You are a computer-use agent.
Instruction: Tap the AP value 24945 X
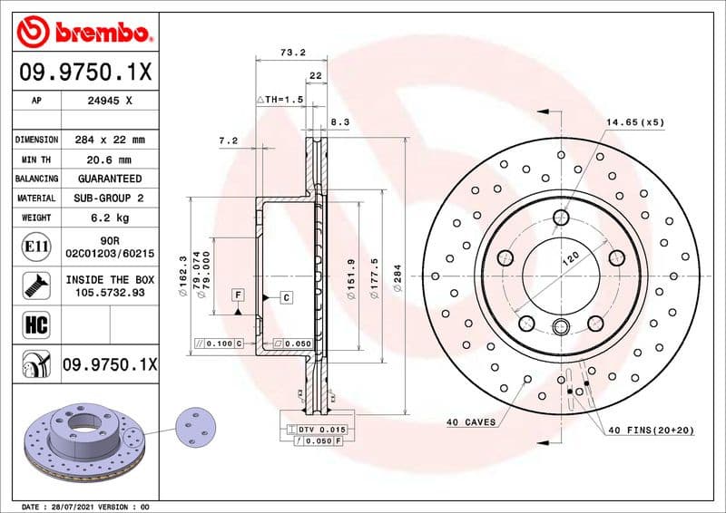110,102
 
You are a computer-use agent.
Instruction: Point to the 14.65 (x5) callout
635,121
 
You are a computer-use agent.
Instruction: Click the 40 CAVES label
470,422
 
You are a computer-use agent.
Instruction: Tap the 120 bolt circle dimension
569,259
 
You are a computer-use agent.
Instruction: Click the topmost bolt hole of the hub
560,217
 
